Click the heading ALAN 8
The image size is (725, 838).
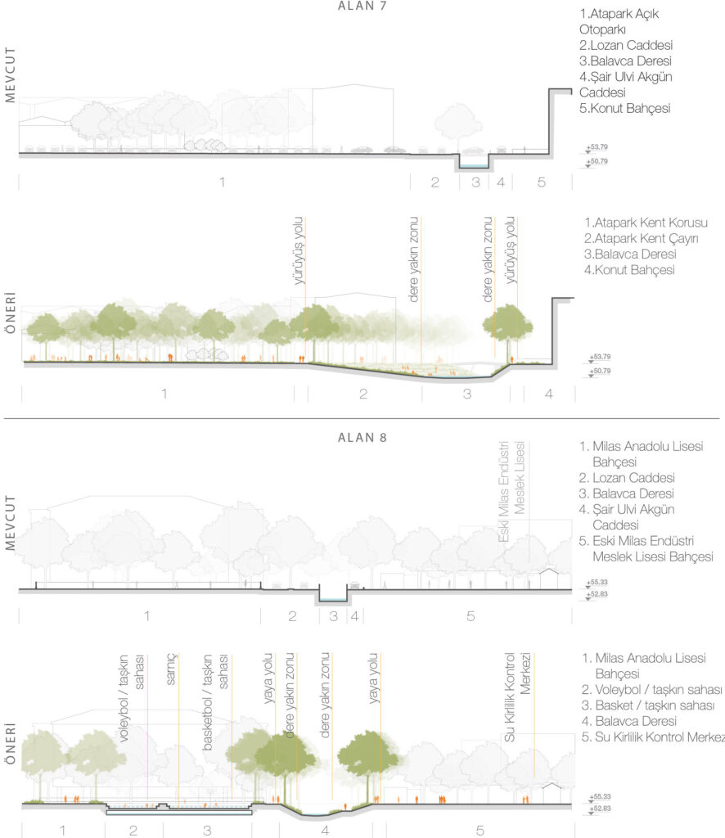(x=362, y=438)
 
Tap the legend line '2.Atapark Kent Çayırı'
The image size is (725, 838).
(x=635, y=238)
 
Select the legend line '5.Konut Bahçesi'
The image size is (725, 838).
(x=619, y=108)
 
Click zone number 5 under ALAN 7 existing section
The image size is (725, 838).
(x=541, y=182)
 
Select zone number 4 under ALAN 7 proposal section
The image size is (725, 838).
(x=549, y=394)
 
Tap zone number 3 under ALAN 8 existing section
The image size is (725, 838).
(x=333, y=616)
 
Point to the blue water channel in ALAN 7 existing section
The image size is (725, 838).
(x=474, y=162)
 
